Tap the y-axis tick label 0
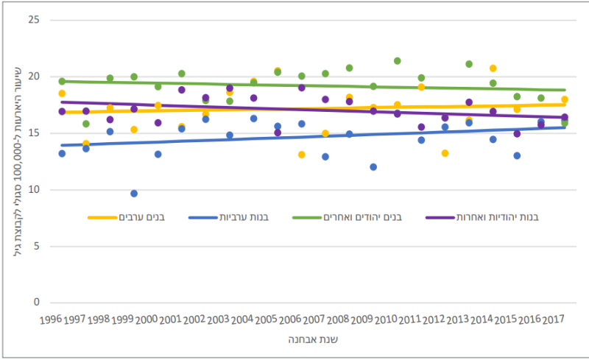click(x=33, y=303)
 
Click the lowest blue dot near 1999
click(x=134, y=194)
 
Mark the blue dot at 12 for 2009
click(x=373, y=167)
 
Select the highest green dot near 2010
click(x=398, y=61)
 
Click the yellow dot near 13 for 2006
click(x=302, y=155)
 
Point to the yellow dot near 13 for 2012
click(x=445, y=153)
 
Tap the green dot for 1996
click(x=62, y=82)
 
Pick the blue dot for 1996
click(x=62, y=153)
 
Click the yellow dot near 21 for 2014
click(x=493, y=68)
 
